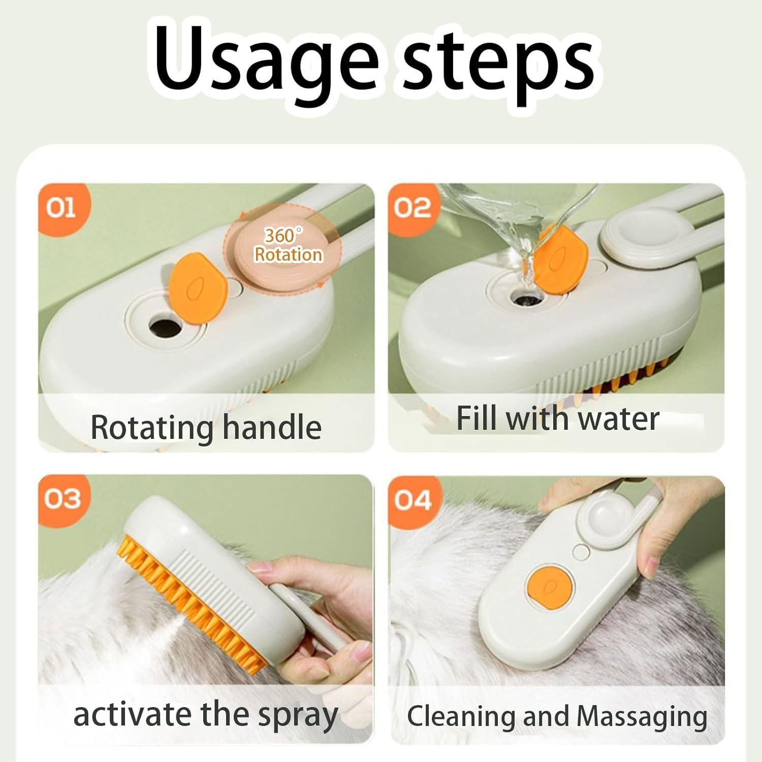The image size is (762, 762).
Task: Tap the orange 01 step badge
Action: coord(62,208)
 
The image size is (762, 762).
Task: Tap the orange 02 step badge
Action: coord(411,208)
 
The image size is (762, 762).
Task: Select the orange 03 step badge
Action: coord(61,499)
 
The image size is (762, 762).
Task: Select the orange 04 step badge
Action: coord(412,500)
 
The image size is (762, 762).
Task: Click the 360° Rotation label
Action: coord(288,245)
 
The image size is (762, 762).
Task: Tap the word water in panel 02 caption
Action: coord(619,419)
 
